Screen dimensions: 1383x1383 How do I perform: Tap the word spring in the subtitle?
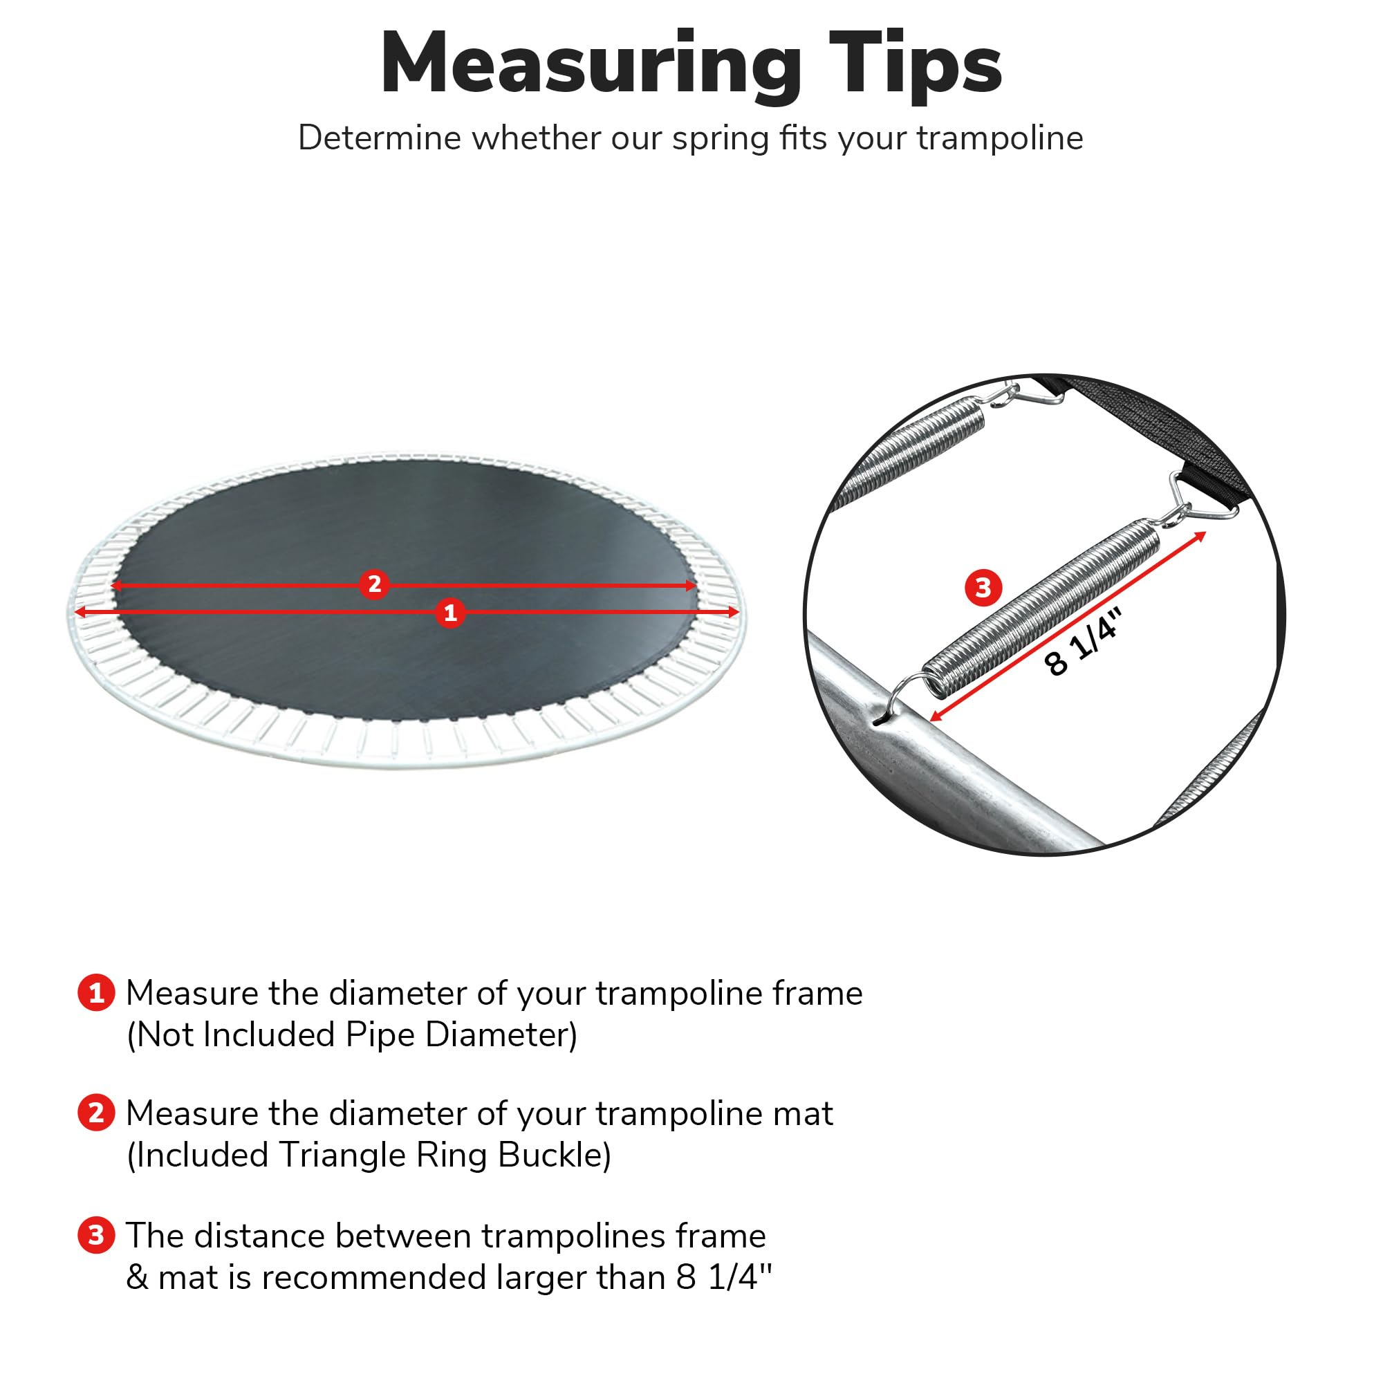(x=720, y=138)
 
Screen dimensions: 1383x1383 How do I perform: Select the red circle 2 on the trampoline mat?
(x=374, y=585)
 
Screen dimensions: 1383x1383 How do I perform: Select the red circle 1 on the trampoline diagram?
(x=450, y=613)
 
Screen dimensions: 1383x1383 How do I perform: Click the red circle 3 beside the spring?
(x=983, y=587)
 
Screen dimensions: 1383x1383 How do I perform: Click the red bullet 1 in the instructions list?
(x=96, y=993)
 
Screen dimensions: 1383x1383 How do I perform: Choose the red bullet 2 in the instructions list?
(x=96, y=1113)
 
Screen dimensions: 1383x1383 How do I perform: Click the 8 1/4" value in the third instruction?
(x=724, y=1277)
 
